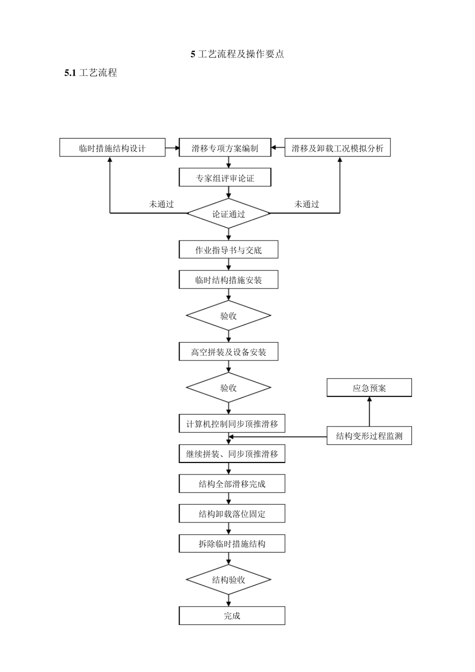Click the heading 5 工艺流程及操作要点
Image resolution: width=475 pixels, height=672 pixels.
237,54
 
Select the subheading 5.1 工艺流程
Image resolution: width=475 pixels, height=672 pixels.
90,73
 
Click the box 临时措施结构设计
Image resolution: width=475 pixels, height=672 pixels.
112,148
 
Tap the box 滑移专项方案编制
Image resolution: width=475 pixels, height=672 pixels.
225,148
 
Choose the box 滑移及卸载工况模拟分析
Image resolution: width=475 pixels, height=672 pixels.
337,148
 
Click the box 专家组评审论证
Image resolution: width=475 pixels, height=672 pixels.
225,178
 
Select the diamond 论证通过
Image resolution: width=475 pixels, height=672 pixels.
228,214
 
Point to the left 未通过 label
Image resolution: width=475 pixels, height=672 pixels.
161,204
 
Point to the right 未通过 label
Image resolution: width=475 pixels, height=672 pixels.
306,204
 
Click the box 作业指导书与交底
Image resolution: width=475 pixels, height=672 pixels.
228,250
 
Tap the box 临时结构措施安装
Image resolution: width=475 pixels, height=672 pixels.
228,280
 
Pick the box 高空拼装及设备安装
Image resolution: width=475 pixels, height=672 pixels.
228,352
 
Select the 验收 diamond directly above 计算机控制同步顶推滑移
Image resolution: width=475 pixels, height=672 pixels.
228,388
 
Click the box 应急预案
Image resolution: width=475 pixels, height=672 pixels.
369,388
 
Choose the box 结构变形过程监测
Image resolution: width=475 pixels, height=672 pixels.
369,436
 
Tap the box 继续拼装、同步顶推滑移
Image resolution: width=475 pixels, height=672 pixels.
232,454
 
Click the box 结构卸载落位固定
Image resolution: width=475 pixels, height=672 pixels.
232,514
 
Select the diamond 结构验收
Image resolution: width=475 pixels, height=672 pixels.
228,580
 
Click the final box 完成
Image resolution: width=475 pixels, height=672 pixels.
232,616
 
